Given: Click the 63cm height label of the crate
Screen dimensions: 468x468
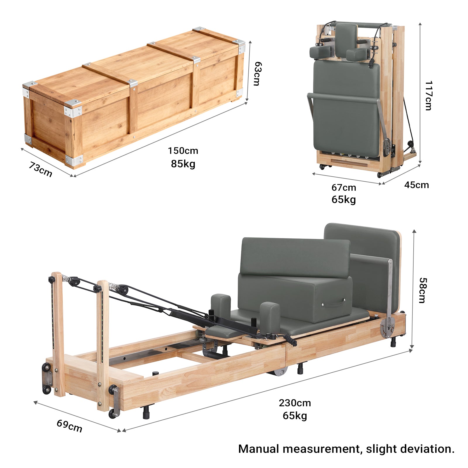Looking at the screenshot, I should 257,73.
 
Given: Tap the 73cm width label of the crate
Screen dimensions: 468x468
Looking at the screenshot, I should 40,169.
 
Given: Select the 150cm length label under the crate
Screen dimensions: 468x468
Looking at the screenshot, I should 183,151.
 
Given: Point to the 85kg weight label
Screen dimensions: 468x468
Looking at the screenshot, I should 183,164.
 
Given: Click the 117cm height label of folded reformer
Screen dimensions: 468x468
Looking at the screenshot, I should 428,95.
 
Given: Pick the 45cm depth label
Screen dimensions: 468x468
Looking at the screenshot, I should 417,185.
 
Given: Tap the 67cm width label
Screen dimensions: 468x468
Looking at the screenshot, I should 344,187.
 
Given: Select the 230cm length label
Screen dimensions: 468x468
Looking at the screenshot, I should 295,403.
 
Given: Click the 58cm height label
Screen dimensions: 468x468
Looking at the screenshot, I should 423,290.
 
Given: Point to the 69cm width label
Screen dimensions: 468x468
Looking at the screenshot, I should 69,426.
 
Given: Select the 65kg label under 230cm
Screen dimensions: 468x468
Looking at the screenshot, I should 295,416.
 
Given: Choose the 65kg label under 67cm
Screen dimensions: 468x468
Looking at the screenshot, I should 344,199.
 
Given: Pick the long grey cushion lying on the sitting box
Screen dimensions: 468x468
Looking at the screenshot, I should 295,257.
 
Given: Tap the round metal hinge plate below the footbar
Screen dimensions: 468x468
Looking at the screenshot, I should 387,324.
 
